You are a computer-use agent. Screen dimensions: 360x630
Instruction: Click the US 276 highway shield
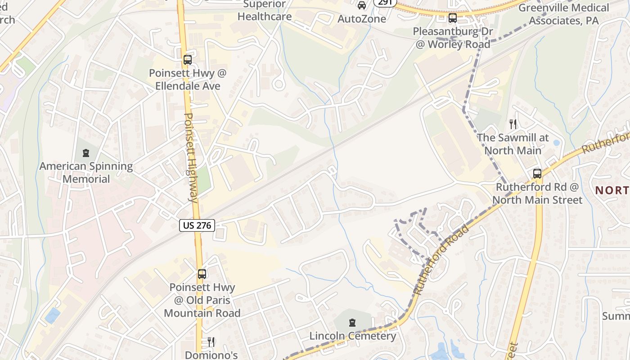point(197,225)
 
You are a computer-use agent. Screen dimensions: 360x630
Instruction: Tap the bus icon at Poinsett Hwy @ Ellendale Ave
point(188,60)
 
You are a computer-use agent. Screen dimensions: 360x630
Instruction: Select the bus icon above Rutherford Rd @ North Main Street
point(537,174)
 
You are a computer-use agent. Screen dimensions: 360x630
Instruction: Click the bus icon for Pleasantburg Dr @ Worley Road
point(453,18)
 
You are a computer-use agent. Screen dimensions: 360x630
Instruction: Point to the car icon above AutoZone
point(361,5)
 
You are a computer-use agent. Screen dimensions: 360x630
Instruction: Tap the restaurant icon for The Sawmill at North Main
point(513,124)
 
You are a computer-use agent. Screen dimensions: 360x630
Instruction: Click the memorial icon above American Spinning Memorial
point(85,153)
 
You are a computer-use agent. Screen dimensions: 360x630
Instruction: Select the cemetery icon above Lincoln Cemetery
point(352,323)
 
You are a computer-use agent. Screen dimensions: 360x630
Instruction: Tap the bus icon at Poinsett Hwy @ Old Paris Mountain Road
point(202,274)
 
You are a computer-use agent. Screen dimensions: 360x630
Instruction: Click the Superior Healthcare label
point(265,11)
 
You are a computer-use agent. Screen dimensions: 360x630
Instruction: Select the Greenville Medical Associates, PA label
point(563,14)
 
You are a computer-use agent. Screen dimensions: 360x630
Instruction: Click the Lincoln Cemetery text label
point(353,336)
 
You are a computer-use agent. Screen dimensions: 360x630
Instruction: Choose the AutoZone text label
point(362,19)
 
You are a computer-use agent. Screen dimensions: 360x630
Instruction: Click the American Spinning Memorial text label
point(86,172)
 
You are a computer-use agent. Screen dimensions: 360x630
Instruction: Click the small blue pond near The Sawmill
point(557,143)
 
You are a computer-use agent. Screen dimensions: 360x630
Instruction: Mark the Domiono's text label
point(211,355)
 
